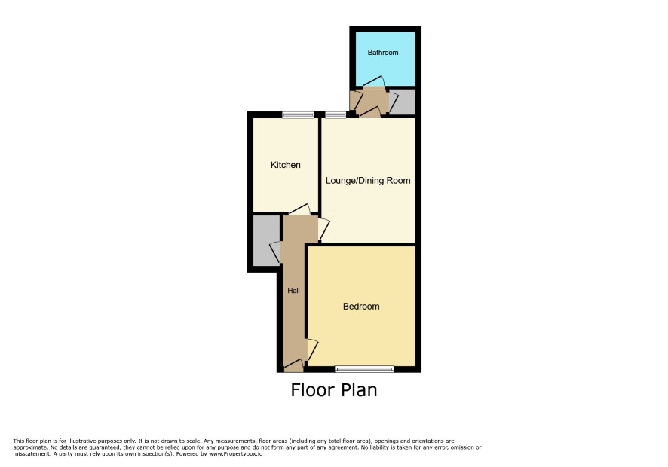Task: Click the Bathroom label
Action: click(x=382, y=53)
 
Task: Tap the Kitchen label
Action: click(x=286, y=165)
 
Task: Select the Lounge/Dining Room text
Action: click(x=368, y=181)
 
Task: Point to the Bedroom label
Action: click(x=361, y=306)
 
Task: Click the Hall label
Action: click(x=293, y=291)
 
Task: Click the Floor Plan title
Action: click(x=334, y=390)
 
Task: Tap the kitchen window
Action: click(x=298, y=114)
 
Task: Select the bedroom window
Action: click(x=364, y=369)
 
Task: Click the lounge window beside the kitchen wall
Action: click(x=336, y=114)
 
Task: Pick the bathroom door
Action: click(x=374, y=82)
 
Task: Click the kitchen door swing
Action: click(x=299, y=209)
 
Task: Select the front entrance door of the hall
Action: click(x=293, y=365)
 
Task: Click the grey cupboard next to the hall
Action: click(x=267, y=241)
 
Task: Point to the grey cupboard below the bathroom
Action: click(x=403, y=102)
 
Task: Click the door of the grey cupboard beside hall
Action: click(x=276, y=252)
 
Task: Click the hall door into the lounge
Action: click(x=323, y=229)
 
